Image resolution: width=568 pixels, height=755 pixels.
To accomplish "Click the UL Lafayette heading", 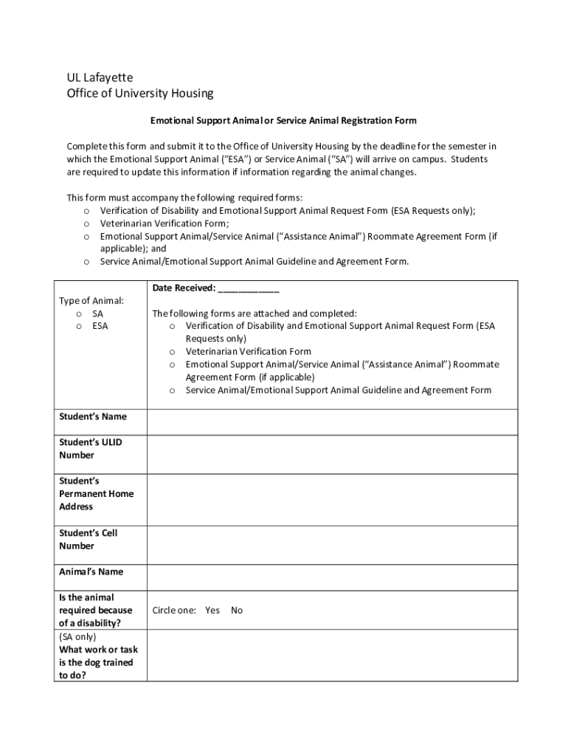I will coord(100,77).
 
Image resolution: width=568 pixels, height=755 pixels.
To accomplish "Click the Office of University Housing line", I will coord(140,94).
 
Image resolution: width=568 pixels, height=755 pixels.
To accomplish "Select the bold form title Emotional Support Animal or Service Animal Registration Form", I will coord(283,120).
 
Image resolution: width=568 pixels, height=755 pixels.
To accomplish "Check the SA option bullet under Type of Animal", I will coord(79,314).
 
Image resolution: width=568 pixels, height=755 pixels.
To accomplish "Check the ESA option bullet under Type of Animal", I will coord(79,327).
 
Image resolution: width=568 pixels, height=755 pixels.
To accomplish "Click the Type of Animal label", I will coord(91,301).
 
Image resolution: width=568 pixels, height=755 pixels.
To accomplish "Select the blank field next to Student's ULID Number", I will coord(332,454).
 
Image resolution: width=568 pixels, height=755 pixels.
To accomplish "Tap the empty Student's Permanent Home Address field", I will coord(332,499).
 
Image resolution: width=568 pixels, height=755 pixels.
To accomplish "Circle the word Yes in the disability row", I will coord(212,610).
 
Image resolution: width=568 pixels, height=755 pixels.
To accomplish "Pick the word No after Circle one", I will coord(237,610).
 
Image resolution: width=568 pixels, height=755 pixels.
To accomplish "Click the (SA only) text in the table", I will coord(77,637).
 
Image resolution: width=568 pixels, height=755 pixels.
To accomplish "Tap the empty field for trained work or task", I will coord(332,656).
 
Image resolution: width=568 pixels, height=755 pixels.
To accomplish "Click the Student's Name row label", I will coord(93,417).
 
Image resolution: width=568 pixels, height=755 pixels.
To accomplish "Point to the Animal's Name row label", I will coord(91,572).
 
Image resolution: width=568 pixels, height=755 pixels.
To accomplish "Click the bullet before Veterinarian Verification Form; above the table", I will coord(87,224).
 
